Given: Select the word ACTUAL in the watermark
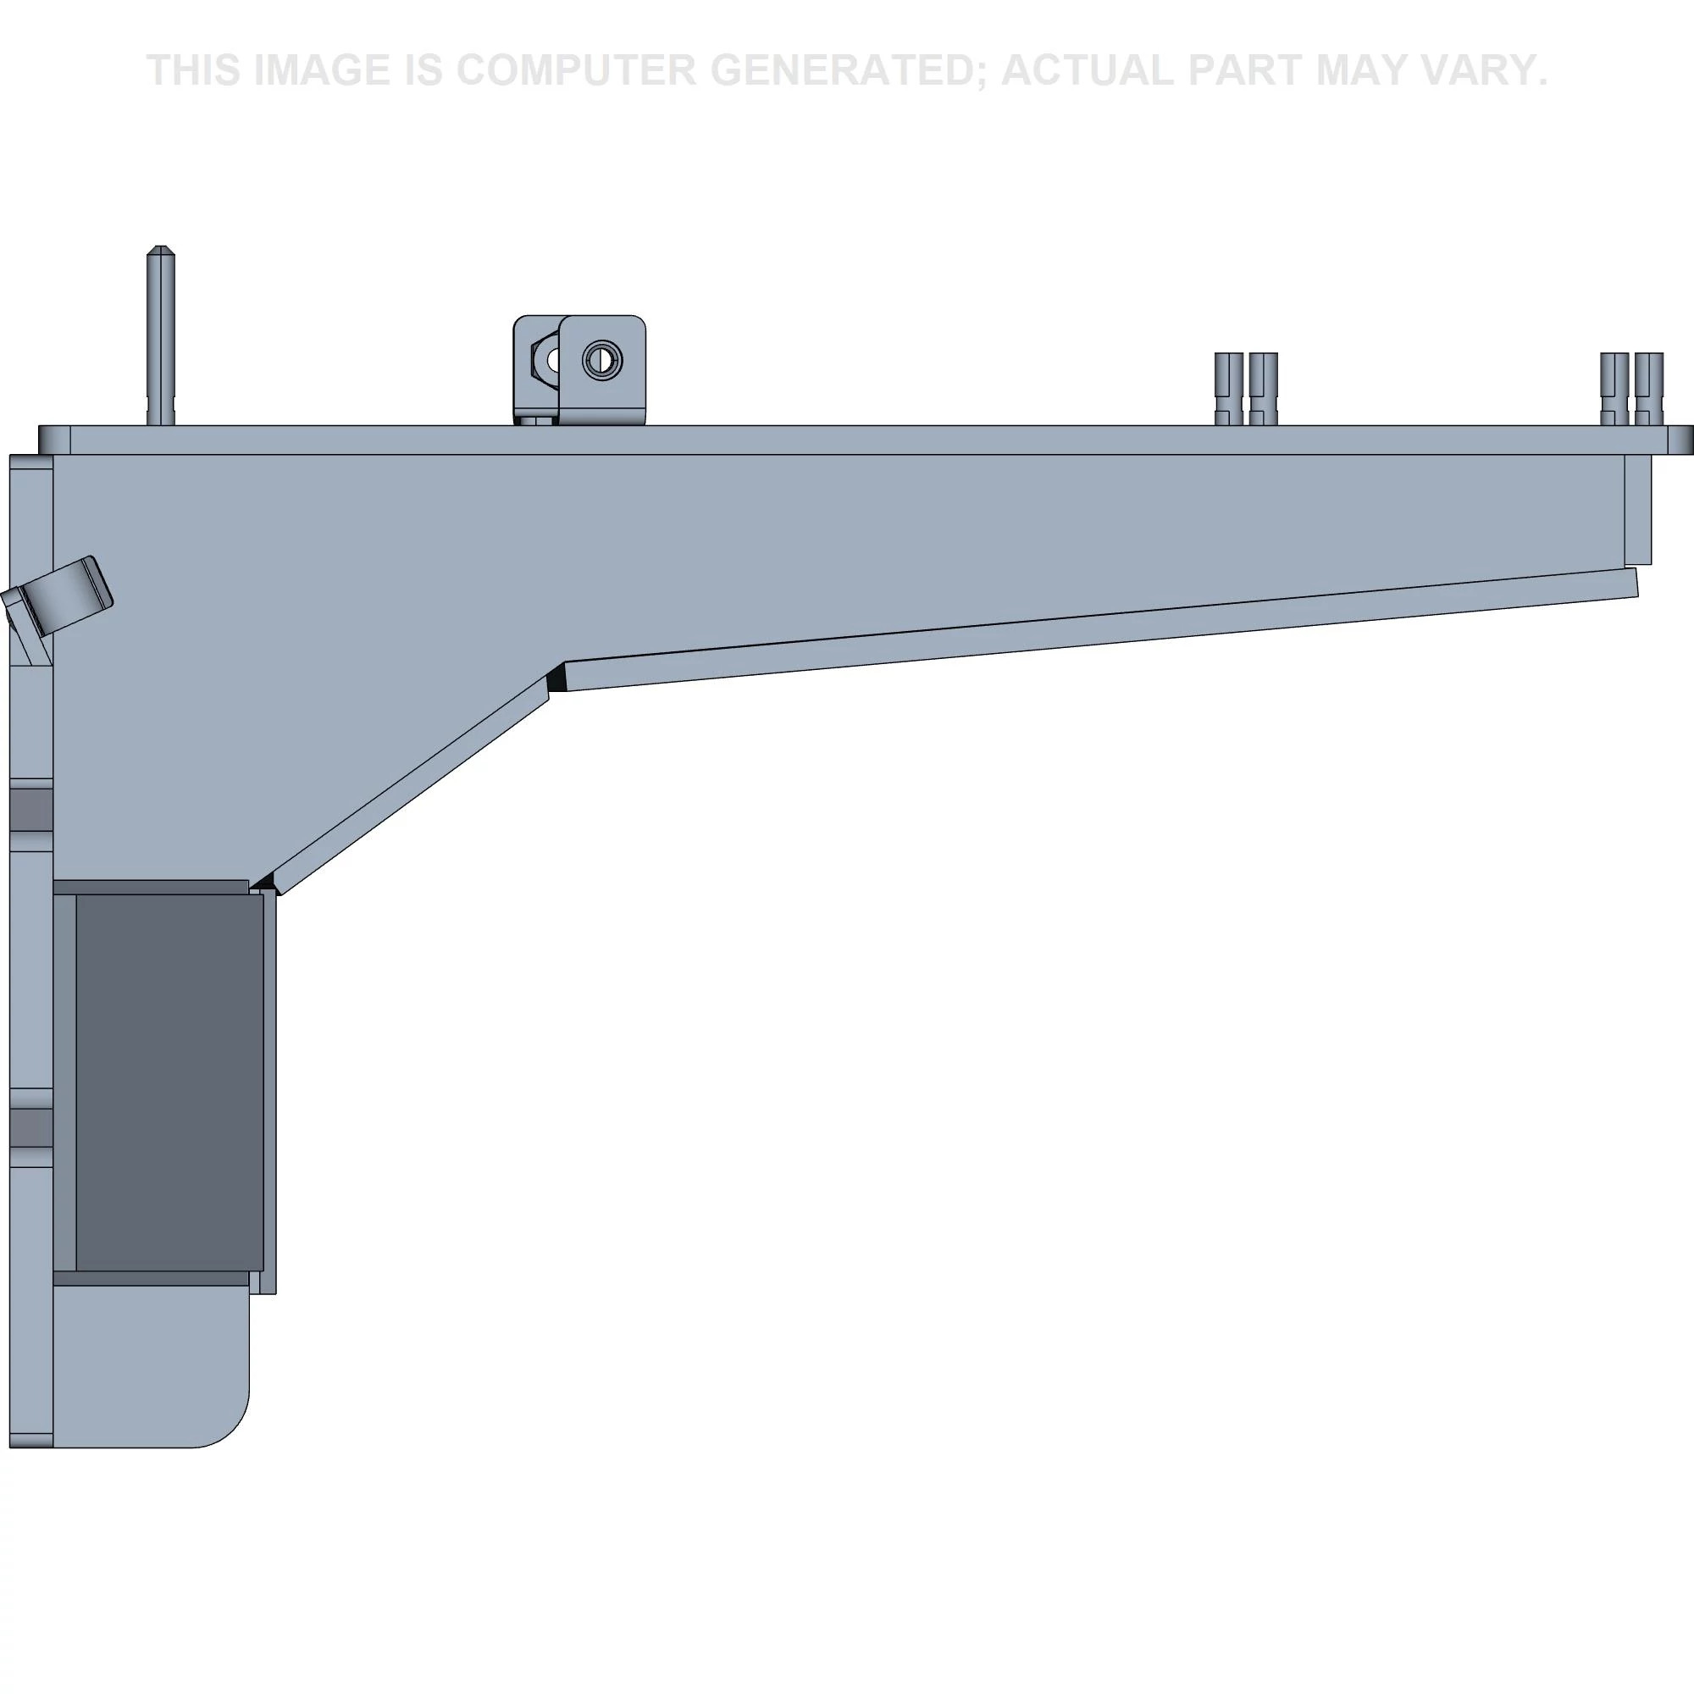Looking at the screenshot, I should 1088,70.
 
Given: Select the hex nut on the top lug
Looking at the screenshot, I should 545,359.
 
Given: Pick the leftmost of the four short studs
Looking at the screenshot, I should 1228,389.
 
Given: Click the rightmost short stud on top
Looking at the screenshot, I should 1649,389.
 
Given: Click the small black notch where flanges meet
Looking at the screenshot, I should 555,680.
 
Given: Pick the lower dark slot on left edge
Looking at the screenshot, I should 31,1127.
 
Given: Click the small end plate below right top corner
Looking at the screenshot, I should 1638,509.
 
